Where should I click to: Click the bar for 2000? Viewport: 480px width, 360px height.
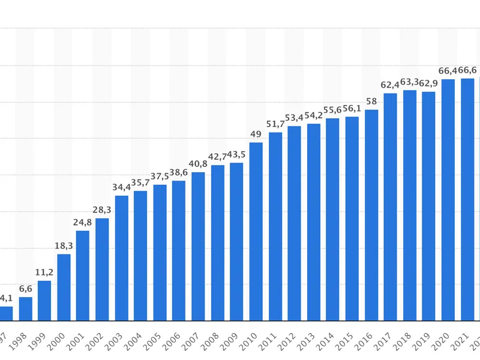tap(64, 287)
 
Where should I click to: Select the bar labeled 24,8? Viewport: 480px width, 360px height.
tap(83, 275)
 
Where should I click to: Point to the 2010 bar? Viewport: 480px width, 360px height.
tap(256, 231)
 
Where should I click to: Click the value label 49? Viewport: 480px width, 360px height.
tap(256, 133)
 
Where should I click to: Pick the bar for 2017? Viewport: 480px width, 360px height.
tap(391, 206)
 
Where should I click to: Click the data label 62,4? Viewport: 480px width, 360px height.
tap(391, 84)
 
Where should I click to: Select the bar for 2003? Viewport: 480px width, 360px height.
tap(121, 258)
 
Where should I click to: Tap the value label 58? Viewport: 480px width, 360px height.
tap(371, 101)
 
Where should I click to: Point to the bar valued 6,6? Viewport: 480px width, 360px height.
tap(25, 308)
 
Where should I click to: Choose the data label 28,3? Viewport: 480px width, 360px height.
tap(102, 209)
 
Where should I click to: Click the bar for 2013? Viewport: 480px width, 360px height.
tap(314, 222)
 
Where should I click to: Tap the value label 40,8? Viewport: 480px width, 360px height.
tap(198, 163)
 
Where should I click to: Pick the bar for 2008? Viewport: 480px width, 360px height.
tap(217, 242)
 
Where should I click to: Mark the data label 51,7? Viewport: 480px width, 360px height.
tap(275, 124)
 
